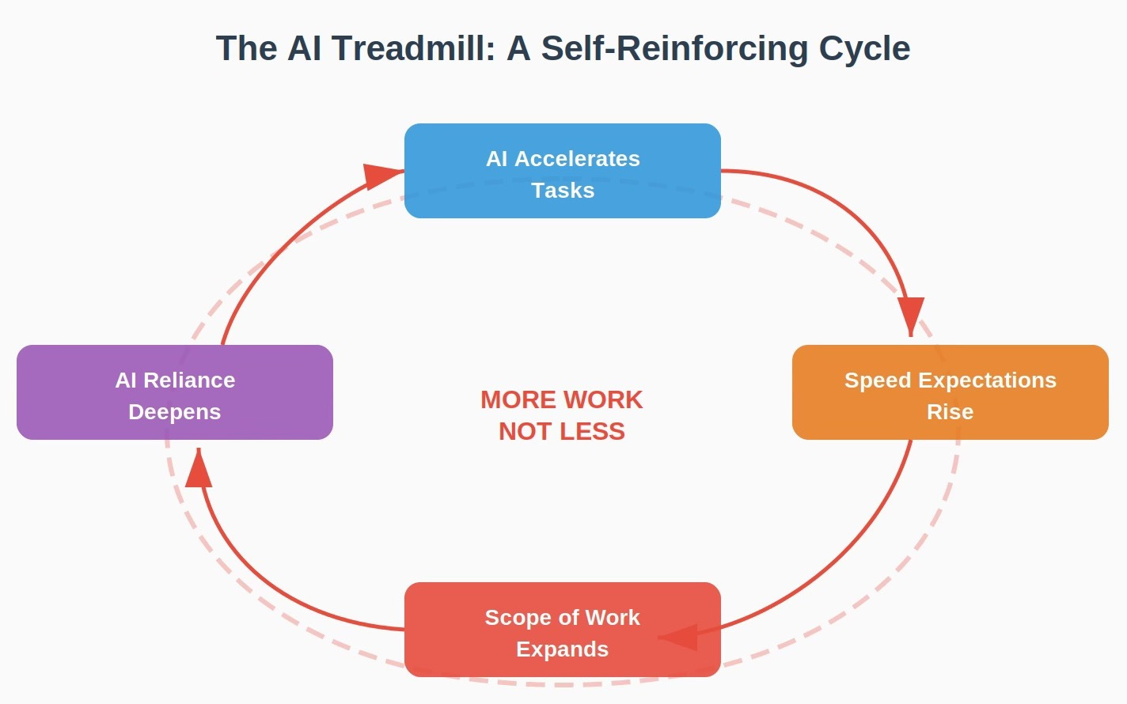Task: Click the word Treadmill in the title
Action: tap(413, 48)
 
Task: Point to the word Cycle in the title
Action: tap(864, 48)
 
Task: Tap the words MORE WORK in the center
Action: tap(561, 400)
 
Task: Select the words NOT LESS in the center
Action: tap(561, 432)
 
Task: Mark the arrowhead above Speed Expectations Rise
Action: tap(911, 314)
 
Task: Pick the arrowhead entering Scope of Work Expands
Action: tap(680, 637)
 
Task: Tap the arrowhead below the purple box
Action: tap(199, 470)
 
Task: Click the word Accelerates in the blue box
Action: tap(577, 159)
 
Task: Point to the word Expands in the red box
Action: tap(562, 649)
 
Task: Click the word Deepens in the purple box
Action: tap(174, 412)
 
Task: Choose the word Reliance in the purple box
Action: tap(189, 380)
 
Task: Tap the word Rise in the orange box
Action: tap(950, 412)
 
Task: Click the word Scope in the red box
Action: tap(513, 618)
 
